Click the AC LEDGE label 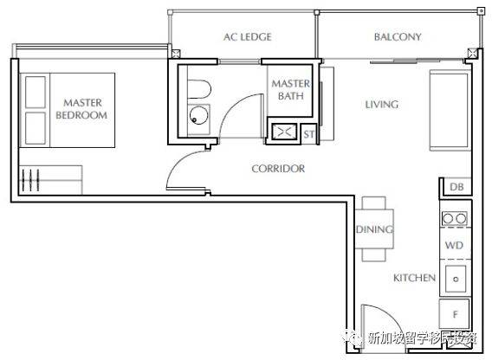tap(248, 37)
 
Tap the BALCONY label tap(398, 37)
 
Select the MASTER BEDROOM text tap(82, 109)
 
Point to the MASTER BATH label tap(290, 90)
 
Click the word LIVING tap(382, 105)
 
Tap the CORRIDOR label tap(278, 169)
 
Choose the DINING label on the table tap(375, 229)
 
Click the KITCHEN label tap(415, 278)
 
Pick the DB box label tap(456, 187)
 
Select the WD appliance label tap(454, 245)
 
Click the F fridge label tap(456, 314)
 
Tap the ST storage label tap(308, 134)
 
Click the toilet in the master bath tap(199, 89)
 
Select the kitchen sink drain tap(456, 279)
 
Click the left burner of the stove tap(448, 218)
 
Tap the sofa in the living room tap(450, 111)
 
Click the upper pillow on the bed tap(36, 93)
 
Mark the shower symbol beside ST tap(284, 132)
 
